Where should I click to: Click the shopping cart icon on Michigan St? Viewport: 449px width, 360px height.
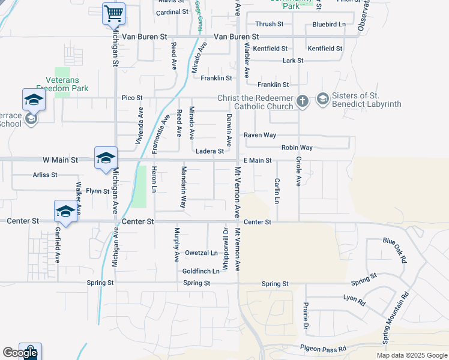coord(113,13)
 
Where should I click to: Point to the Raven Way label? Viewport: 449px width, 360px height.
coord(259,135)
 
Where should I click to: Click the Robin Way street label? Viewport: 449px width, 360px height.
coord(297,148)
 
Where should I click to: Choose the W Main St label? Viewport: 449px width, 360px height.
coord(60,160)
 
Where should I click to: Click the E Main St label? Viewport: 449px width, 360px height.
coord(258,161)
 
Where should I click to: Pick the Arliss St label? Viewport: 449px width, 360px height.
coord(45,175)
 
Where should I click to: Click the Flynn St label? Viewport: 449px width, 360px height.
coord(97,191)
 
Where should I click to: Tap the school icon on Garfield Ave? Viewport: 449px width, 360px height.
coord(65,212)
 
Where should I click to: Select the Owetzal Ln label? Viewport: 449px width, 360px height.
coord(201,253)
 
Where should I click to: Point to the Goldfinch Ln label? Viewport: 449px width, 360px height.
coord(200,271)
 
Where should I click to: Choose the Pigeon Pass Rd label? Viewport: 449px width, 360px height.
coord(323,348)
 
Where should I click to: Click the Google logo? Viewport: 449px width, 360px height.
coord(20,353)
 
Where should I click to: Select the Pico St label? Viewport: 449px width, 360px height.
coord(132,97)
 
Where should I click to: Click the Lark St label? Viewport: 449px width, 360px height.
coord(293,61)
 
